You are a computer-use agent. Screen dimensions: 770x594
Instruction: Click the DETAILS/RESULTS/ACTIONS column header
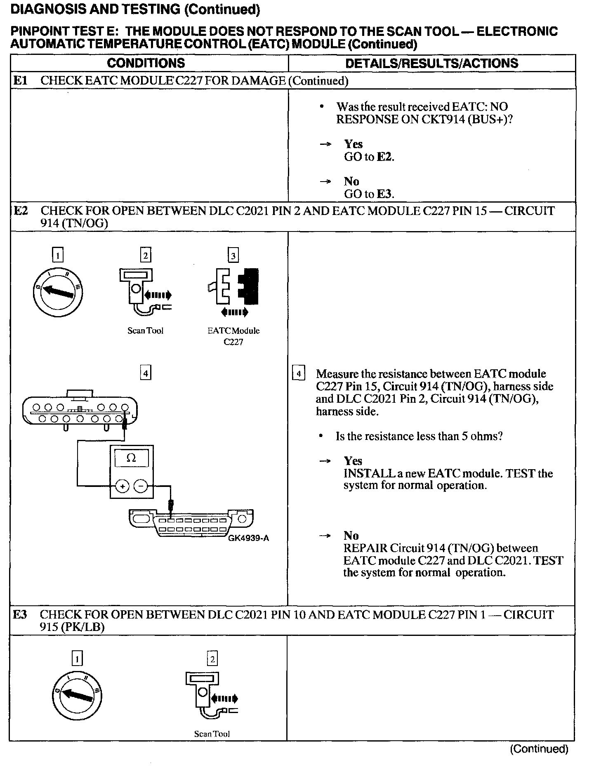click(x=431, y=63)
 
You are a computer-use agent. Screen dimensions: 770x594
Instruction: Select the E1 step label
click(x=20, y=80)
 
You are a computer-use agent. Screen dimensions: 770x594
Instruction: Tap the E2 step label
click(x=21, y=211)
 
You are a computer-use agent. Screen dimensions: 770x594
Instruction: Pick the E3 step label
click(x=20, y=614)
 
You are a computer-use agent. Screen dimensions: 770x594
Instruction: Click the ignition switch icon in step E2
click(x=58, y=293)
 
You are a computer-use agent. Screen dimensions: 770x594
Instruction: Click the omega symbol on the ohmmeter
click(x=131, y=458)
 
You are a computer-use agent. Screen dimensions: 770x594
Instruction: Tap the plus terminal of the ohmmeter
click(x=122, y=487)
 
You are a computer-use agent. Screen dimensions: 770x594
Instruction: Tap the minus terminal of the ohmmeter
click(x=141, y=487)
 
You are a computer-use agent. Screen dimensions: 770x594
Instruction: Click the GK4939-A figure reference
click(x=248, y=538)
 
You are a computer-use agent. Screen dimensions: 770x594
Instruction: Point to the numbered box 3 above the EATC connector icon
click(x=233, y=256)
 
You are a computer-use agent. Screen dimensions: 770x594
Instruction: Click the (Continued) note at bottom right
click(x=539, y=749)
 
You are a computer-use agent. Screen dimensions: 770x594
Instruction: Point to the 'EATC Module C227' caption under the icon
click(x=233, y=336)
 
